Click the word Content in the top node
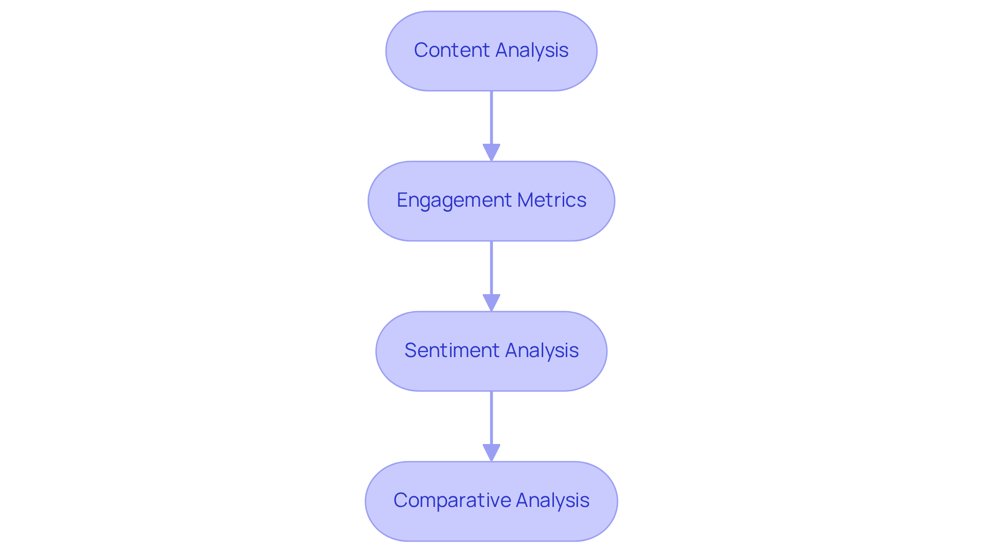(452, 50)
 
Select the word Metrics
(551, 200)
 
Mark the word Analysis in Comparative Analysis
(553, 500)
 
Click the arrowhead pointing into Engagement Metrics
(491, 152)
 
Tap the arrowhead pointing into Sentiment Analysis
(491, 302)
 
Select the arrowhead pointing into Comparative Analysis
(491, 452)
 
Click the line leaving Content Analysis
(491, 118)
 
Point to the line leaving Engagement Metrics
(491, 268)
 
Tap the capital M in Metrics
(525, 200)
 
